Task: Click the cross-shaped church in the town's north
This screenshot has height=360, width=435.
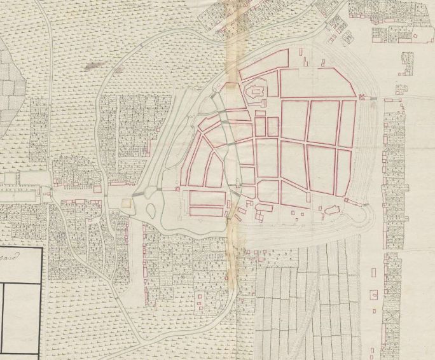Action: [x=256, y=92]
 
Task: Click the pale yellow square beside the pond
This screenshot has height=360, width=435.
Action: [x=126, y=203]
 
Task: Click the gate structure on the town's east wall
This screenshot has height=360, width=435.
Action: [x=364, y=97]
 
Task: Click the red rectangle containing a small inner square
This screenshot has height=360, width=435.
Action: [x=373, y=294]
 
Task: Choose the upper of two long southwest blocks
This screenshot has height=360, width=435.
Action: [x=207, y=198]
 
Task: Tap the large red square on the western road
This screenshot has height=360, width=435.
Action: [x=97, y=188]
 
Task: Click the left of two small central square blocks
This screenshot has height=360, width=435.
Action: [x=260, y=127]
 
